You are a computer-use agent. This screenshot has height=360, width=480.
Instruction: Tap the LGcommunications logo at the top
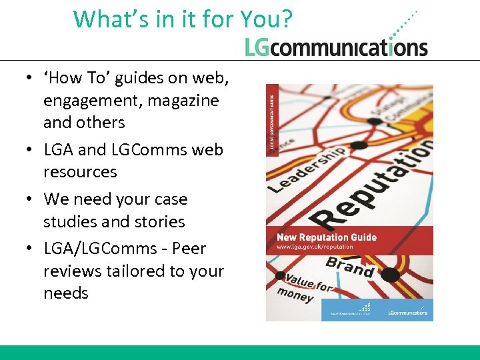click(x=336, y=46)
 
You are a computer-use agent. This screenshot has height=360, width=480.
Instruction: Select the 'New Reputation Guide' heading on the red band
click(x=327, y=237)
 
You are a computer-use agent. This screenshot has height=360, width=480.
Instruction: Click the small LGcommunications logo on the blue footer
click(x=408, y=311)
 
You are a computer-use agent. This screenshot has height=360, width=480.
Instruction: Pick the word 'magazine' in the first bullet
click(x=184, y=101)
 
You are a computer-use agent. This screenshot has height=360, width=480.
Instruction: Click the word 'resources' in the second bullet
click(x=80, y=172)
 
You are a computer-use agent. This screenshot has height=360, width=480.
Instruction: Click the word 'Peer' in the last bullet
click(x=189, y=249)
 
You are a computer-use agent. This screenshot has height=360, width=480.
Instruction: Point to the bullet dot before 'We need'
click(x=31, y=199)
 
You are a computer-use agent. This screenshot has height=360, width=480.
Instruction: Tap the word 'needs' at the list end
click(x=66, y=293)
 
